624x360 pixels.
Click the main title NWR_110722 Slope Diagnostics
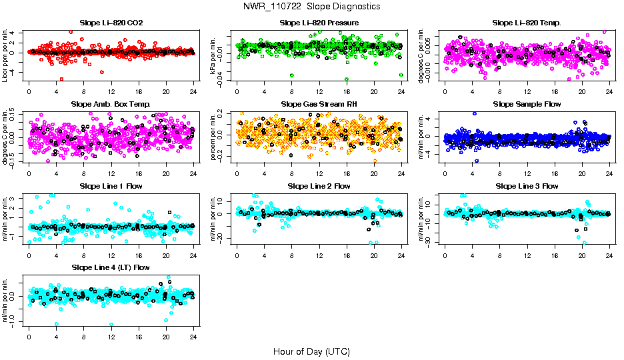(312, 6)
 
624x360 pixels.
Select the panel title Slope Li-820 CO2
(111, 23)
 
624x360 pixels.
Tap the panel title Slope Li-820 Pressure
(319, 23)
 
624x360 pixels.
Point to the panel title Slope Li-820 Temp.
(527, 23)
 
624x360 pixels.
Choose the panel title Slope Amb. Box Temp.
(111, 104)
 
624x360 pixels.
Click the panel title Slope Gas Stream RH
(319, 104)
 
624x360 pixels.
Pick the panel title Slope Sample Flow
(527, 104)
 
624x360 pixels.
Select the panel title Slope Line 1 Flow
(111, 186)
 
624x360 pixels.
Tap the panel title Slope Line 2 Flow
(319, 186)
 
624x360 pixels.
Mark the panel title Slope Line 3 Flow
(527, 186)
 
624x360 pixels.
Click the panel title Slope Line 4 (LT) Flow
(111, 267)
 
